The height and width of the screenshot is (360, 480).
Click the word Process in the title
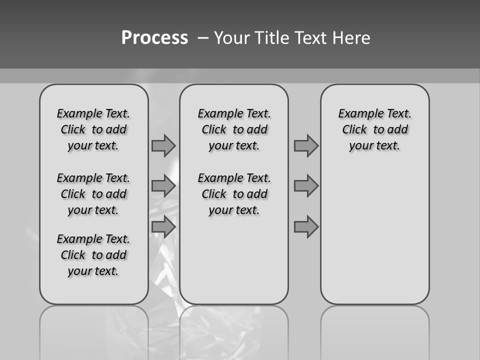pyautogui.click(x=154, y=38)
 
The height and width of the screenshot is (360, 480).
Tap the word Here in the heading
pyautogui.click(x=352, y=38)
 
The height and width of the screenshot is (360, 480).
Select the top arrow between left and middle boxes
pyautogui.click(x=163, y=145)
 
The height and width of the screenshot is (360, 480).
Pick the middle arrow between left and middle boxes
pyautogui.click(x=163, y=186)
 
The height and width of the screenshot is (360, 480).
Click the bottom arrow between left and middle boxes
pyautogui.click(x=163, y=227)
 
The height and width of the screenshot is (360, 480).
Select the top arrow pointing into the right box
pyautogui.click(x=306, y=145)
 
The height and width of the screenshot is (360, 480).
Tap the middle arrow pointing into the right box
pyautogui.click(x=306, y=186)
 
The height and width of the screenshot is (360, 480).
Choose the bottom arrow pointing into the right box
pyautogui.click(x=306, y=227)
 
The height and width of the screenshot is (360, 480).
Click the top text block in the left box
pyautogui.click(x=93, y=129)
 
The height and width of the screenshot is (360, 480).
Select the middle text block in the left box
pyautogui.click(x=93, y=194)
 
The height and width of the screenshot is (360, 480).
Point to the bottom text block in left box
pyautogui.click(x=93, y=255)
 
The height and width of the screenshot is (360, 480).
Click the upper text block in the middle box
pyautogui.click(x=234, y=129)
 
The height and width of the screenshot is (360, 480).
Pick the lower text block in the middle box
pyautogui.click(x=234, y=194)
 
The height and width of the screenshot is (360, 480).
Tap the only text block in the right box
pyautogui.click(x=374, y=129)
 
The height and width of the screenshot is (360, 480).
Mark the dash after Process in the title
pyautogui.click(x=203, y=38)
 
